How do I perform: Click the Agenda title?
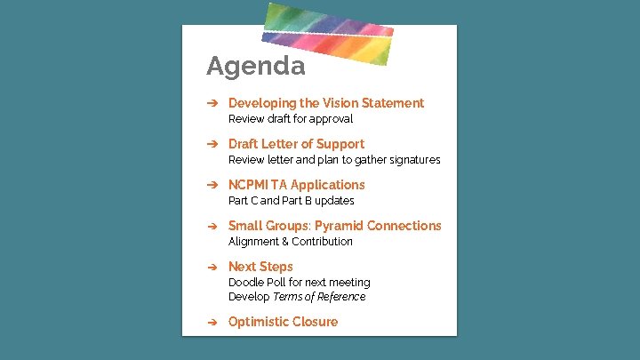coord(255,66)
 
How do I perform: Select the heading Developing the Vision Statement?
coord(325,103)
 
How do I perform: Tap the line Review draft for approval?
coord(291,119)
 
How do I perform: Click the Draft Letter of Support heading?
coord(296,144)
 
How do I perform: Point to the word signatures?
coord(412,160)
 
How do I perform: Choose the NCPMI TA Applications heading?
coord(296,185)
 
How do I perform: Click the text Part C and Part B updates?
coord(291,201)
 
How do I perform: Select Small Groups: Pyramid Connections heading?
coord(334,226)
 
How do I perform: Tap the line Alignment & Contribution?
coord(291,242)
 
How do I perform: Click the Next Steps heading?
coord(260,267)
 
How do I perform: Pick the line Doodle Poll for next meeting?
coord(299,283)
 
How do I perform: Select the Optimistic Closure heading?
coord(283,322)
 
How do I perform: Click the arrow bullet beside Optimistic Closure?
coord(212,322)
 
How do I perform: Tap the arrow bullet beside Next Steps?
coord(212,267)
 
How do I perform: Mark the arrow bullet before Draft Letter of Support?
coord(212,144)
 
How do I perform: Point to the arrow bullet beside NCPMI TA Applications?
coord(212,185)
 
